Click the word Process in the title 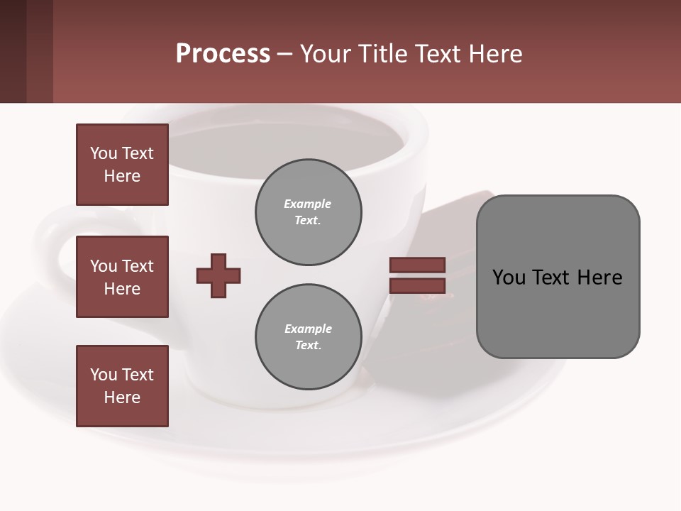click(223, 54)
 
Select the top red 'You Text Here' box click(122, 165)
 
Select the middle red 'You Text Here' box click(122, 277)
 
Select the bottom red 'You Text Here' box click(122, 386)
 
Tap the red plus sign click(218, 275)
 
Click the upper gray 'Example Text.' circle click(308, 212)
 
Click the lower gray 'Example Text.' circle click(308, 337)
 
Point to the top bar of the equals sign click(417, 265)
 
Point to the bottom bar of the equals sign click(417, 286)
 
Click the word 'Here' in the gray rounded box click(599, 278)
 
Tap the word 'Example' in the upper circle click(308, 204)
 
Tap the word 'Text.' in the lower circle click(308, 346)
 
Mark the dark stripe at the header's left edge click(13, 51)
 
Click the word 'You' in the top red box click(104, 153)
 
